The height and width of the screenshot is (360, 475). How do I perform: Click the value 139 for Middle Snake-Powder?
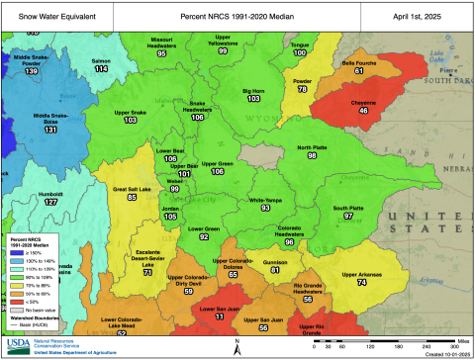[x=32, y=72]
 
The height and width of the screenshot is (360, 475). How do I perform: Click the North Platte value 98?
[x=312, y=155]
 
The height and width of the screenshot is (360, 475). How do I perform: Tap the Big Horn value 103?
[x=253, y=99]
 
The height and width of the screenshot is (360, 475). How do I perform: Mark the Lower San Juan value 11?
[x=220, y=316]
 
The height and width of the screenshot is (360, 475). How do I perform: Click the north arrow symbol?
[x=238, y=343]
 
